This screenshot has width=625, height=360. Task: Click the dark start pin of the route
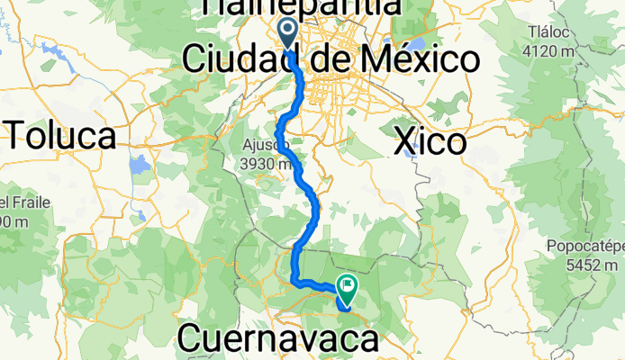click(x=288, y=34)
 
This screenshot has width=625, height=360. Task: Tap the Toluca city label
click(x=63, y=136)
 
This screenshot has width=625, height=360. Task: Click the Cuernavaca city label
click(x=279, y=339)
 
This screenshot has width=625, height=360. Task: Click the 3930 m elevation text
click(x=271, y=164)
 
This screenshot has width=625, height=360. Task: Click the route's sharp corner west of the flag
click(x=296, y=283)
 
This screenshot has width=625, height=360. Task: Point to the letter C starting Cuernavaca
click(x=191, y=339)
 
